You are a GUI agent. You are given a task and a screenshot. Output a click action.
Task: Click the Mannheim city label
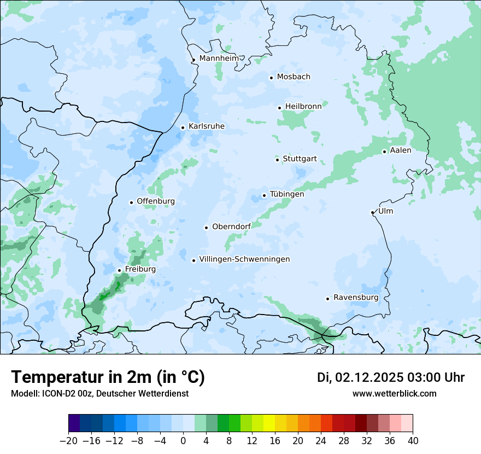(x=219, y=58)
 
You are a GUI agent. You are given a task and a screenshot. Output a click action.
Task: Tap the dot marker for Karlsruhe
(x=183, y=127)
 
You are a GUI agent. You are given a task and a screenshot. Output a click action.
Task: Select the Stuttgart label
(x=300, y=159)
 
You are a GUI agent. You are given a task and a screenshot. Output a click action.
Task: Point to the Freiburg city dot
(x=119, y=270)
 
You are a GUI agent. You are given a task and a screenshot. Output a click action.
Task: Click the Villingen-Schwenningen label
(x=244, y=259)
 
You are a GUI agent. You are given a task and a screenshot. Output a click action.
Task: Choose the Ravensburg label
(x=356, y=298)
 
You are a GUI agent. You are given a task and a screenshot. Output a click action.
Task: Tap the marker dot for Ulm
(x=372, y=212)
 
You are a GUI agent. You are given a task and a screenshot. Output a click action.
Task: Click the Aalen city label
(x=401, y=150)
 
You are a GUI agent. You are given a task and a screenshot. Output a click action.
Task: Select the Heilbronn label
(x=303, y=107)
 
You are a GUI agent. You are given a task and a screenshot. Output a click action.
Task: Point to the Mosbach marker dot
(x=271, y=78)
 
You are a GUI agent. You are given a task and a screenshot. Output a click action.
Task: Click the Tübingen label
(x=287, y=194)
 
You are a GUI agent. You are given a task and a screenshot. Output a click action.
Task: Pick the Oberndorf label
(x=231, y=226)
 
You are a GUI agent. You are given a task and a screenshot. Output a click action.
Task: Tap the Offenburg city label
(x=156, y=201)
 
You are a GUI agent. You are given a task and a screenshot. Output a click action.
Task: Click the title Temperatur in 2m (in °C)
(x=108, y=377)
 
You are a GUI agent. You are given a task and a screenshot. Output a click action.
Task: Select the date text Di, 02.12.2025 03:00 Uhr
(x=390, y=377)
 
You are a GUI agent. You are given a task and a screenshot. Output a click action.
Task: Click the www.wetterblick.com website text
(x=394, y=393)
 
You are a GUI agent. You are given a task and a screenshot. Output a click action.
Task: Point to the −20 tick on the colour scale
(x=68, y=441)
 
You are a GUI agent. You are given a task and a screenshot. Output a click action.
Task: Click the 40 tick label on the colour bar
(x=413, y=441)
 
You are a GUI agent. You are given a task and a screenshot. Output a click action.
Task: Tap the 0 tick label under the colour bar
(x=183, y=441)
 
